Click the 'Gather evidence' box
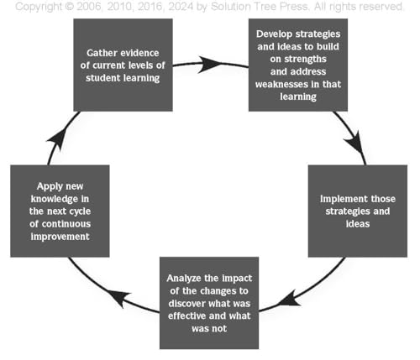[123, 65]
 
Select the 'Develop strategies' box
[298, 65]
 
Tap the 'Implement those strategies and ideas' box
[358, 211]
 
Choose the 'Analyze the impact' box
[209, 303]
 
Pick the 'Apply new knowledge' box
[60, 211]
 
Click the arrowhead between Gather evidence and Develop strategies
[208, 65]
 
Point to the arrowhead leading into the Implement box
[355, 142]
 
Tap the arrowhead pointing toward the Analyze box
[290, 300]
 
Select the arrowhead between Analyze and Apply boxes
[119, 298]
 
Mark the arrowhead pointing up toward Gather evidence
[58, 139]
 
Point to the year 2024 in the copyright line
[181, 7]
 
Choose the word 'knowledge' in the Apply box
[50, 199]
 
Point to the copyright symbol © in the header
[69, 7]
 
